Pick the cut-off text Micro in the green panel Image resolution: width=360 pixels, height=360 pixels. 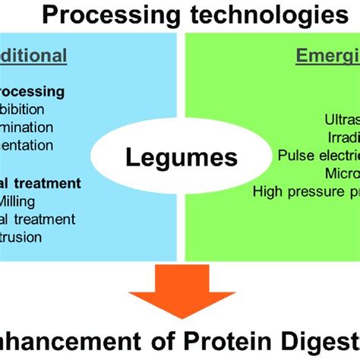click(x=341, y=173)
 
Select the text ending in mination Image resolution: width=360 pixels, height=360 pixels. click(x=27, y=128)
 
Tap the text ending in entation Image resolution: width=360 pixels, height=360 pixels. click(x=27, y=146)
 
